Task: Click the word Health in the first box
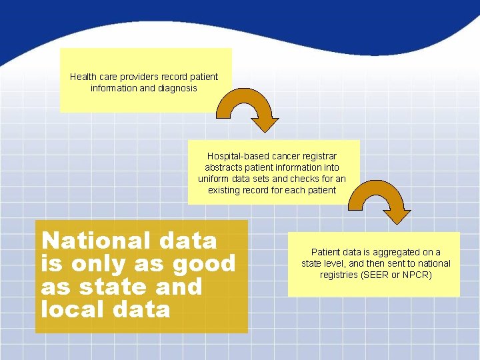84,77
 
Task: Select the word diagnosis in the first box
176,88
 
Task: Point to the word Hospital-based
236,157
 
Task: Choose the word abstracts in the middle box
224,168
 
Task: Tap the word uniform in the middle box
213,179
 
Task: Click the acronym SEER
377,275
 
